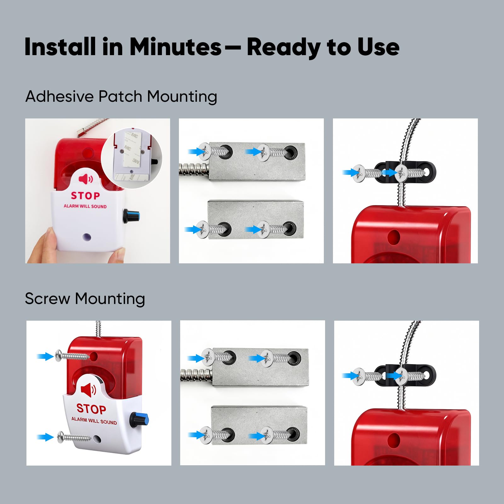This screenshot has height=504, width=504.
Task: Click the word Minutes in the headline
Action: (x=175, y=47)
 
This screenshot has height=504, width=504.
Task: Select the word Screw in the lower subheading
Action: (x=47, y=299)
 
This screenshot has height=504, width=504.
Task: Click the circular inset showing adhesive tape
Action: (x=131, y=158)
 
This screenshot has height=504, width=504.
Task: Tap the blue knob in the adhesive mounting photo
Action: (x=131, y=216)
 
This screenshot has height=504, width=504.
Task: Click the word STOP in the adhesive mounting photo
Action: (x=85, y=196)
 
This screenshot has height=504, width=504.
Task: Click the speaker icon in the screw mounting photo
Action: (x=89, y=390)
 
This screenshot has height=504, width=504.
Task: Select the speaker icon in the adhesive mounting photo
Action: (x=86, y=179)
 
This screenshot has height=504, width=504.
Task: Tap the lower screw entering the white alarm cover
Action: (x=74, y=437)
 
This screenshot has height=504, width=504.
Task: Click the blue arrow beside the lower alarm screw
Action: (x=45, y=437)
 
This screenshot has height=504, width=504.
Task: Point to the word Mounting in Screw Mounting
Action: (x=110, y=299)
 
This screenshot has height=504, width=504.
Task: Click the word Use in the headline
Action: (x=378, y=47)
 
